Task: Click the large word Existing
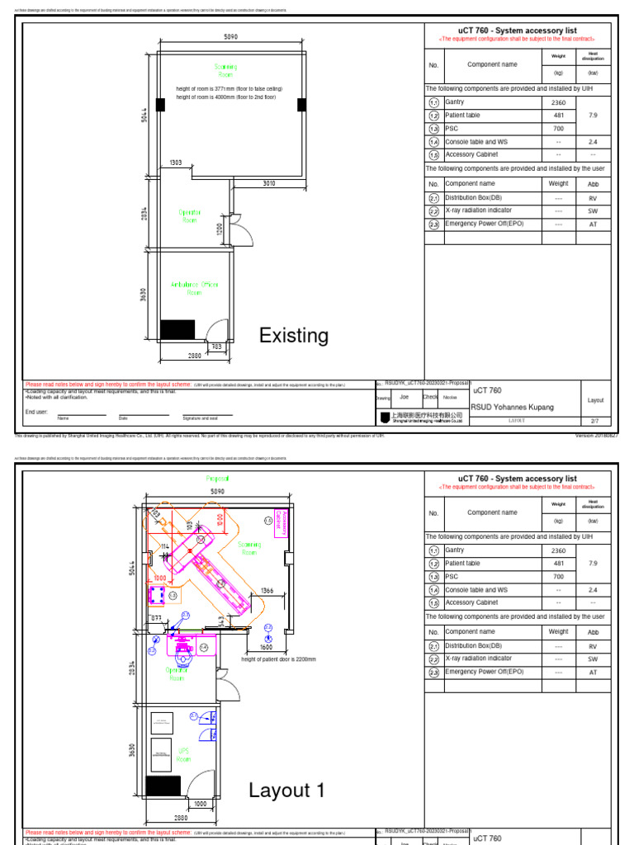point(293,336)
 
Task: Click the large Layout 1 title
point(286,791)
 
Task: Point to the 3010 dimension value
point(269,183)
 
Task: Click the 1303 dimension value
point(176,163)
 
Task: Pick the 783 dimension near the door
point(216,347)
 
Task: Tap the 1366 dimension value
point(267,591)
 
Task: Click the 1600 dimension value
point(266,648)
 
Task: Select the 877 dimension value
point(154,617)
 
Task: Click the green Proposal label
point(218,479)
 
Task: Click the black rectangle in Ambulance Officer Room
point(177,329)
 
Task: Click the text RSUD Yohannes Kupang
point(511,408)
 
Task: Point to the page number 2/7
point(595,420)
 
